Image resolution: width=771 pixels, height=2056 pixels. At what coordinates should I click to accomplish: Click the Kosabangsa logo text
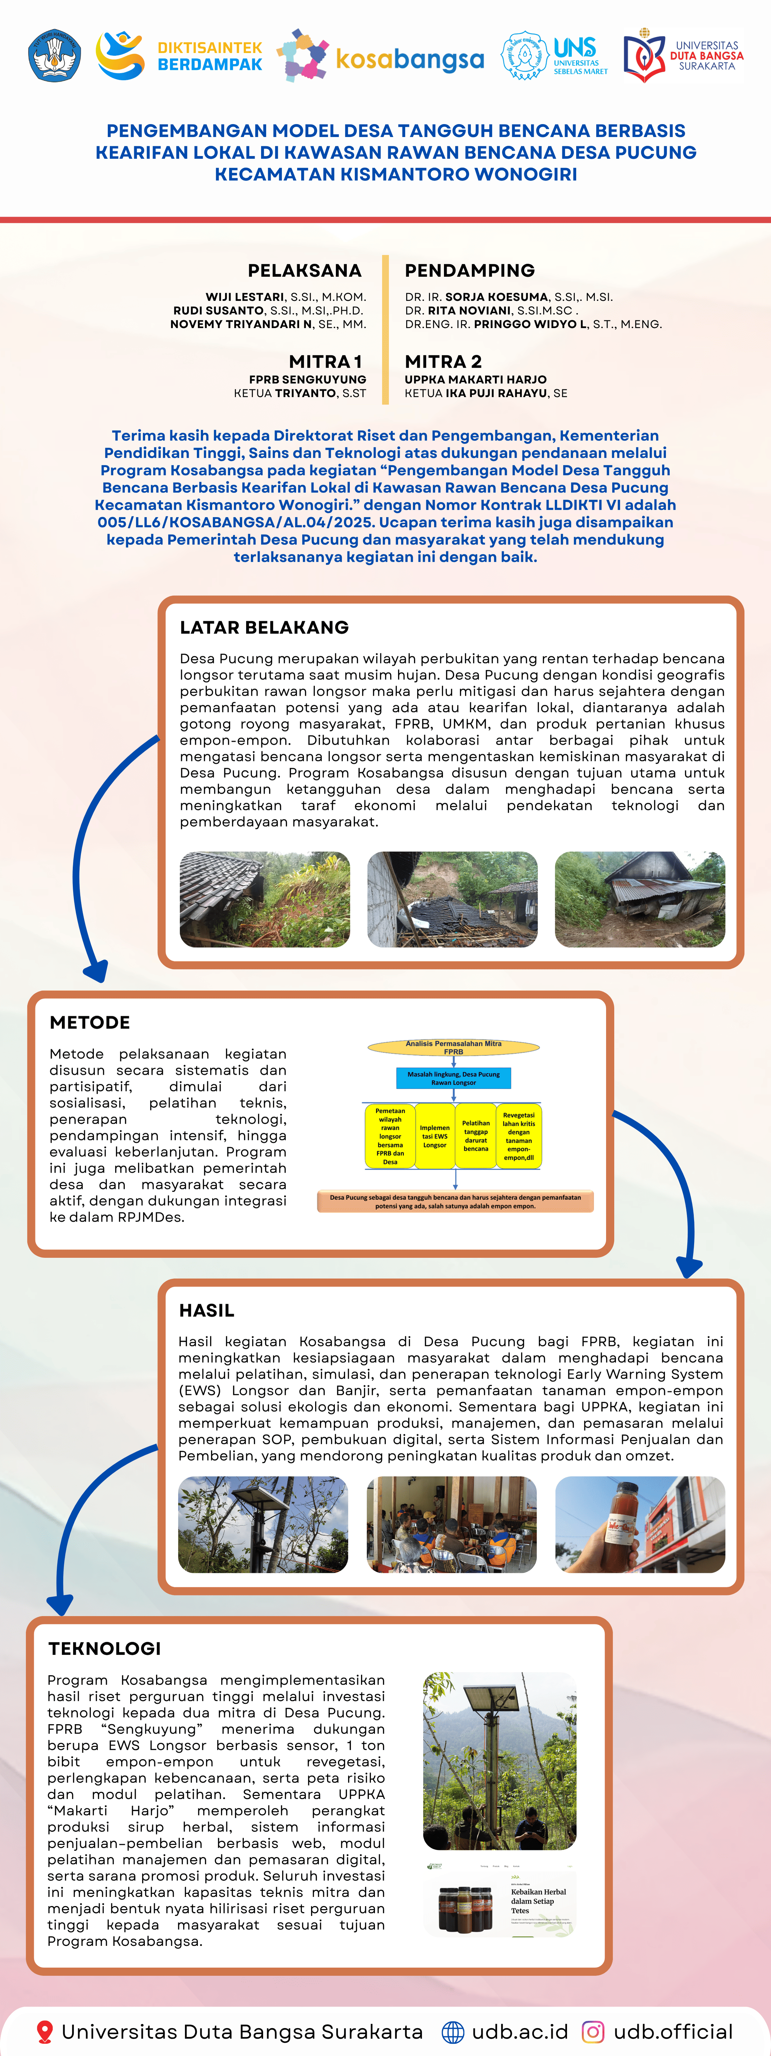point(409,59)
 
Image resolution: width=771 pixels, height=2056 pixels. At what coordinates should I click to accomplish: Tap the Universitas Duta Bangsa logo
point(683,56)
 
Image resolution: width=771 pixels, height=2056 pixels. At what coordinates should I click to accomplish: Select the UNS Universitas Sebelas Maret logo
point(555,56)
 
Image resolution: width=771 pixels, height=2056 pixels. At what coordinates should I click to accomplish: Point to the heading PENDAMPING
point(469,271)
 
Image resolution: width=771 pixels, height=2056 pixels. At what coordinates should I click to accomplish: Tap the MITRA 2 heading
point(443,361)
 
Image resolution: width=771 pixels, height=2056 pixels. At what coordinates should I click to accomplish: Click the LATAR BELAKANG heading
point(264,627)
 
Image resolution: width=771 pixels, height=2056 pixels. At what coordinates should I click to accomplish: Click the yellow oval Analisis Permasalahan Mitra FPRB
point(453,1047)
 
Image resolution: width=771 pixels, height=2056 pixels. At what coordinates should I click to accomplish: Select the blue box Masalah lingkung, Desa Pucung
point(453,1078)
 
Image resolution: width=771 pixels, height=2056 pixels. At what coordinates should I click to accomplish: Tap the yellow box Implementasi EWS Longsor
point(435,1136)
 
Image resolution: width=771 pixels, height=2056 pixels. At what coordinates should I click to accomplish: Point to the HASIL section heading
point(207,1310)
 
